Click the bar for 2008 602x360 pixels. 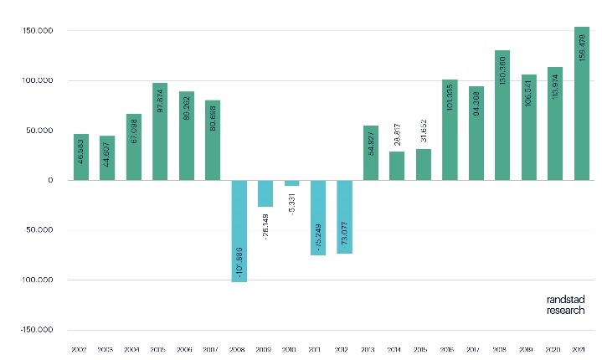(239, 231)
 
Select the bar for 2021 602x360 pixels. (582, 104)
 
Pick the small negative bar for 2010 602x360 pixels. (292, 183)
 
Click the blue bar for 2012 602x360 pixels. (345, 217)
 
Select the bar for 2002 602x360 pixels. (81, 157)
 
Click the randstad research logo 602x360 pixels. (566, 304)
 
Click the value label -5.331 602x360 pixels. (292, 203)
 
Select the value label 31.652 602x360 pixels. (424, 132)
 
